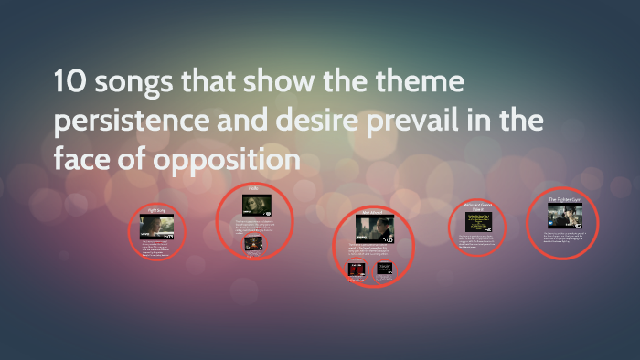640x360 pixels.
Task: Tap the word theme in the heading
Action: pyautogui.click(x=417, y=85)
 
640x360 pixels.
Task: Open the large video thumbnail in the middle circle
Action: pyautogui.click(x=371, y=231)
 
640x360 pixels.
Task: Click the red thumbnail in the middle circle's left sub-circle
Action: pyautogui.click(x=356, y=269)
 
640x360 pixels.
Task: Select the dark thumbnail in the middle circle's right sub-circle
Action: pyautogui.click(x=385, y=269)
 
